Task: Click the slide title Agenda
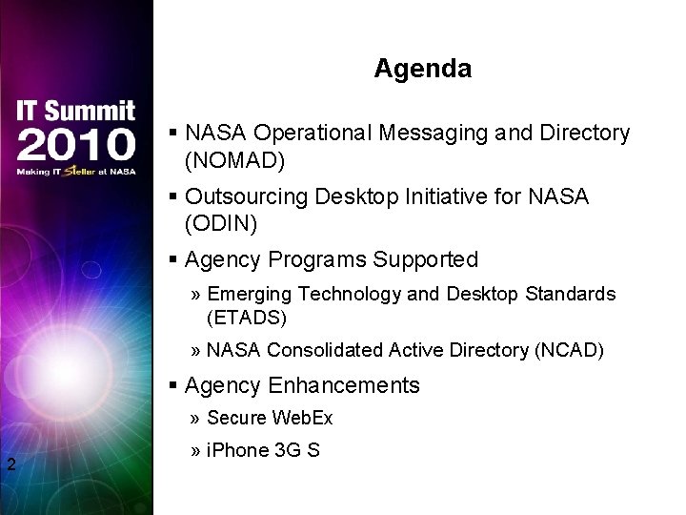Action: [422, 69]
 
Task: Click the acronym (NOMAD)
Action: [234, 160]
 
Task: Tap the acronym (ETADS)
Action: [246, 317]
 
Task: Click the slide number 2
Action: [10, 465]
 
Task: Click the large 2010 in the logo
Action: [75, 144]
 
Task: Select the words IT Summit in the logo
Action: [75, 111]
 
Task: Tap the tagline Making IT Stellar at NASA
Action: [75, 172]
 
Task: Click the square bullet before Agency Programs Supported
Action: [173, 259]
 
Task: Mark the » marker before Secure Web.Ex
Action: [194, 418]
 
